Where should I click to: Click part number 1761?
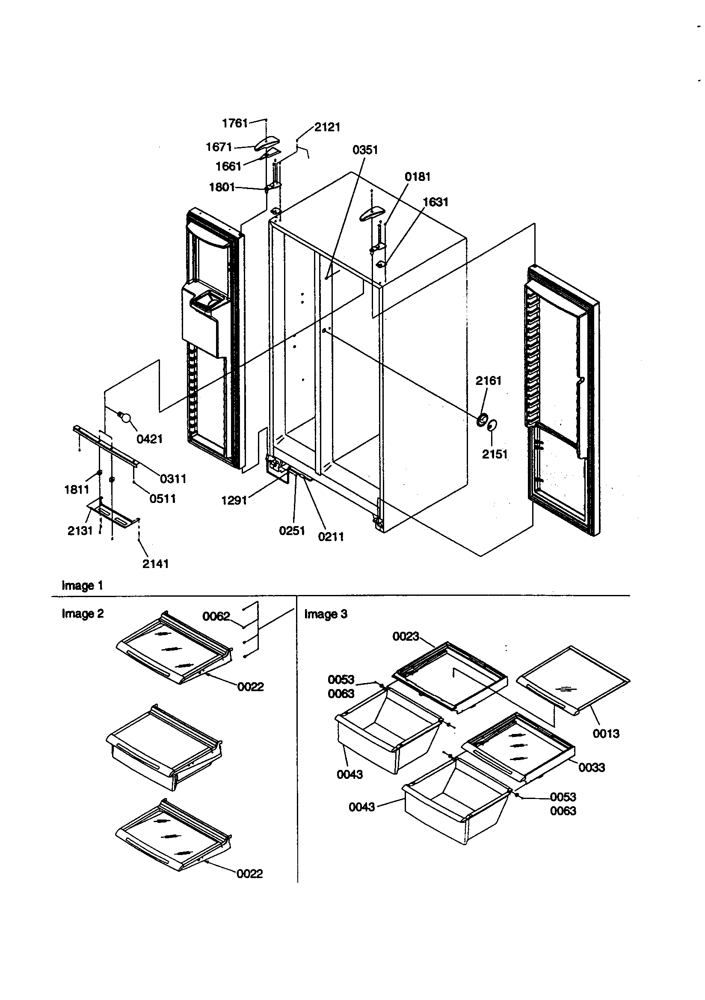point(235,123)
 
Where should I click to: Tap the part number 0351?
point(365,150)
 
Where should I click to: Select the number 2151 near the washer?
point(495,454)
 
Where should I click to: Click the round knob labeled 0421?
point(125,418)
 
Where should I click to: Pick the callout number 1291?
point(234,500)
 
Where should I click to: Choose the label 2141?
point(155,564)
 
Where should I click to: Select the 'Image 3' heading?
point(326,614)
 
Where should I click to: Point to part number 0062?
point(216,616)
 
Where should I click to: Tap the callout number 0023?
point(405,636)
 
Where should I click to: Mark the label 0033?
point(591,767)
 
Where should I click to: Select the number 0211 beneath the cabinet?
point(331,537)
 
